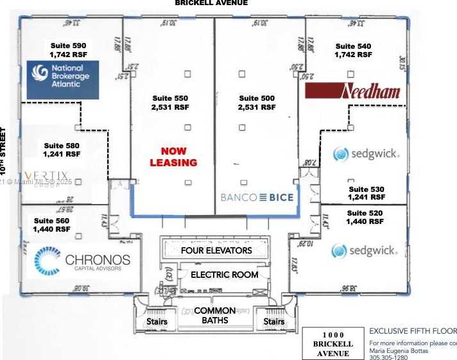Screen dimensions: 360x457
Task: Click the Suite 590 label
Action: coord(68,51)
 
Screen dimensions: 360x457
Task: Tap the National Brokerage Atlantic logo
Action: coord(62,80)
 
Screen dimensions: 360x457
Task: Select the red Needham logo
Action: coord(353,90)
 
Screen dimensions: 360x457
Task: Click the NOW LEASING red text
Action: coord(173,157)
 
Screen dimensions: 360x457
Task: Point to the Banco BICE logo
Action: coord(257,198)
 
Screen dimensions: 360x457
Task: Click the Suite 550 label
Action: coord(170,103)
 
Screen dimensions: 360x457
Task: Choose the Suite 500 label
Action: coord(257,103)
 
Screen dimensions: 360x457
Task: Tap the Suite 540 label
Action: coord(353,51)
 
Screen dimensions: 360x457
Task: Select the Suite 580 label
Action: coord(62,150)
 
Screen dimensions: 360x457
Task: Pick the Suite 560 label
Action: coord(53,225)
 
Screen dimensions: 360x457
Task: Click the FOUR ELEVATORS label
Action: coord(216,250)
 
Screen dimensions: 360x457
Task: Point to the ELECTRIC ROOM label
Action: coord(225,275)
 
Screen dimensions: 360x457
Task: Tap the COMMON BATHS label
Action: coord(215,316)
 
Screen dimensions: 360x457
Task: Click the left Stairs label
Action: coord(157,321)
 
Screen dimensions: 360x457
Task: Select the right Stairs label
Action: coord(274,321)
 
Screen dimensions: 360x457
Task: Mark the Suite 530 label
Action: coord(366,193)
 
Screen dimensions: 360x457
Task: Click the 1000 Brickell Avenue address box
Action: coord(332,344)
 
